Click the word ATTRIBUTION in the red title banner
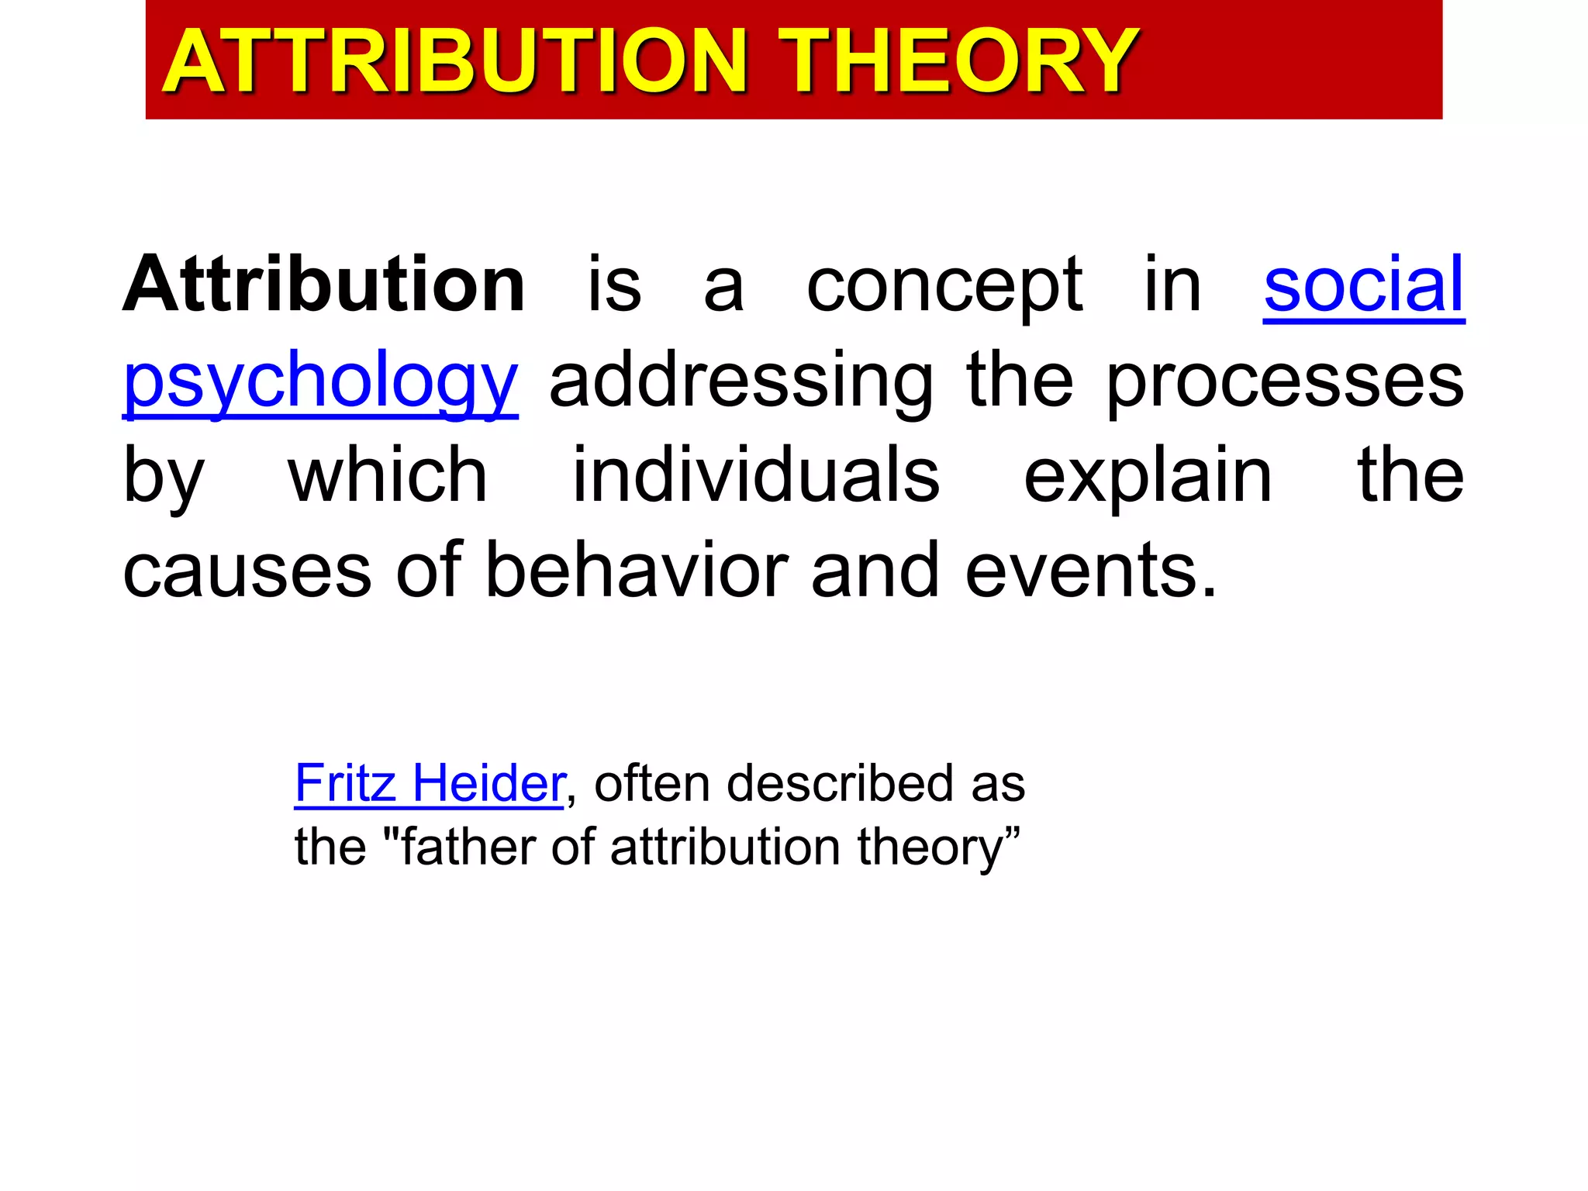(454, 62)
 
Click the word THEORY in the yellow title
(958, 62)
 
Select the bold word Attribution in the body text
(324, 285)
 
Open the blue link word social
(1363, 285)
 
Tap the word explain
(1148, 478)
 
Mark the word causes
(247, 572)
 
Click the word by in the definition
(164, 478)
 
